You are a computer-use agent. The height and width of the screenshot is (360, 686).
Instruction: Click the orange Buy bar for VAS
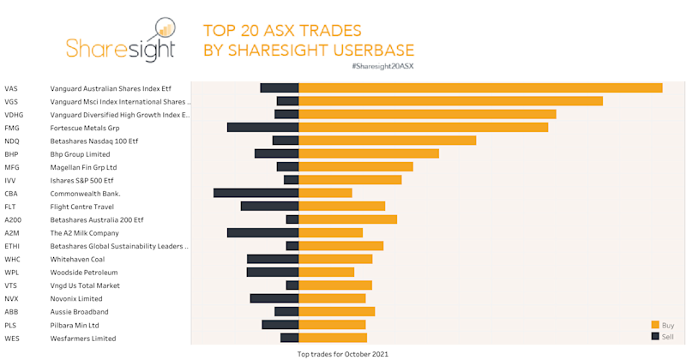tap(480, 87)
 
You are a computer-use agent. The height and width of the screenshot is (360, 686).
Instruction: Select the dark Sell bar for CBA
tap(256, 193)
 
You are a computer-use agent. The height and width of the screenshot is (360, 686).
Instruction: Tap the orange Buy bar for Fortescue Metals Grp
tap(423, 127)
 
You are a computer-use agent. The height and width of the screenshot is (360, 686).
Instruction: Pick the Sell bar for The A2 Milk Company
tap(262, 232)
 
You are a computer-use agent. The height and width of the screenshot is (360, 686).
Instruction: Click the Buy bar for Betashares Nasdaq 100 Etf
tap(387, 141)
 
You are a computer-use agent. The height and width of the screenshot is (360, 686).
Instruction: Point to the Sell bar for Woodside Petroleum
tap(272, 272)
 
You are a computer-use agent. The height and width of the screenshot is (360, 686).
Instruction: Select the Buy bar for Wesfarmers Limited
tap(333, 338)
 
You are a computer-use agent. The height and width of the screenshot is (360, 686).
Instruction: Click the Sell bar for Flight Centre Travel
tap(269, 206)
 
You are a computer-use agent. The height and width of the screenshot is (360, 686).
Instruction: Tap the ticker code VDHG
tap(14, 114)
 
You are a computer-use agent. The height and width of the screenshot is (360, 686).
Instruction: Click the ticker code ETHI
tap(12, 246)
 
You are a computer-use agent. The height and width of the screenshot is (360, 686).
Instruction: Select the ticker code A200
tap(13, 219)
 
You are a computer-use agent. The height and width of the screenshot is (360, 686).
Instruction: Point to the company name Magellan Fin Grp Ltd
tap(83, 167)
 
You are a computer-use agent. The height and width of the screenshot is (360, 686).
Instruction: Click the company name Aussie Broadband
tap(79, 312)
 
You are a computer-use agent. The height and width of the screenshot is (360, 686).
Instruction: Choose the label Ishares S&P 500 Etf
tap(81, 180)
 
